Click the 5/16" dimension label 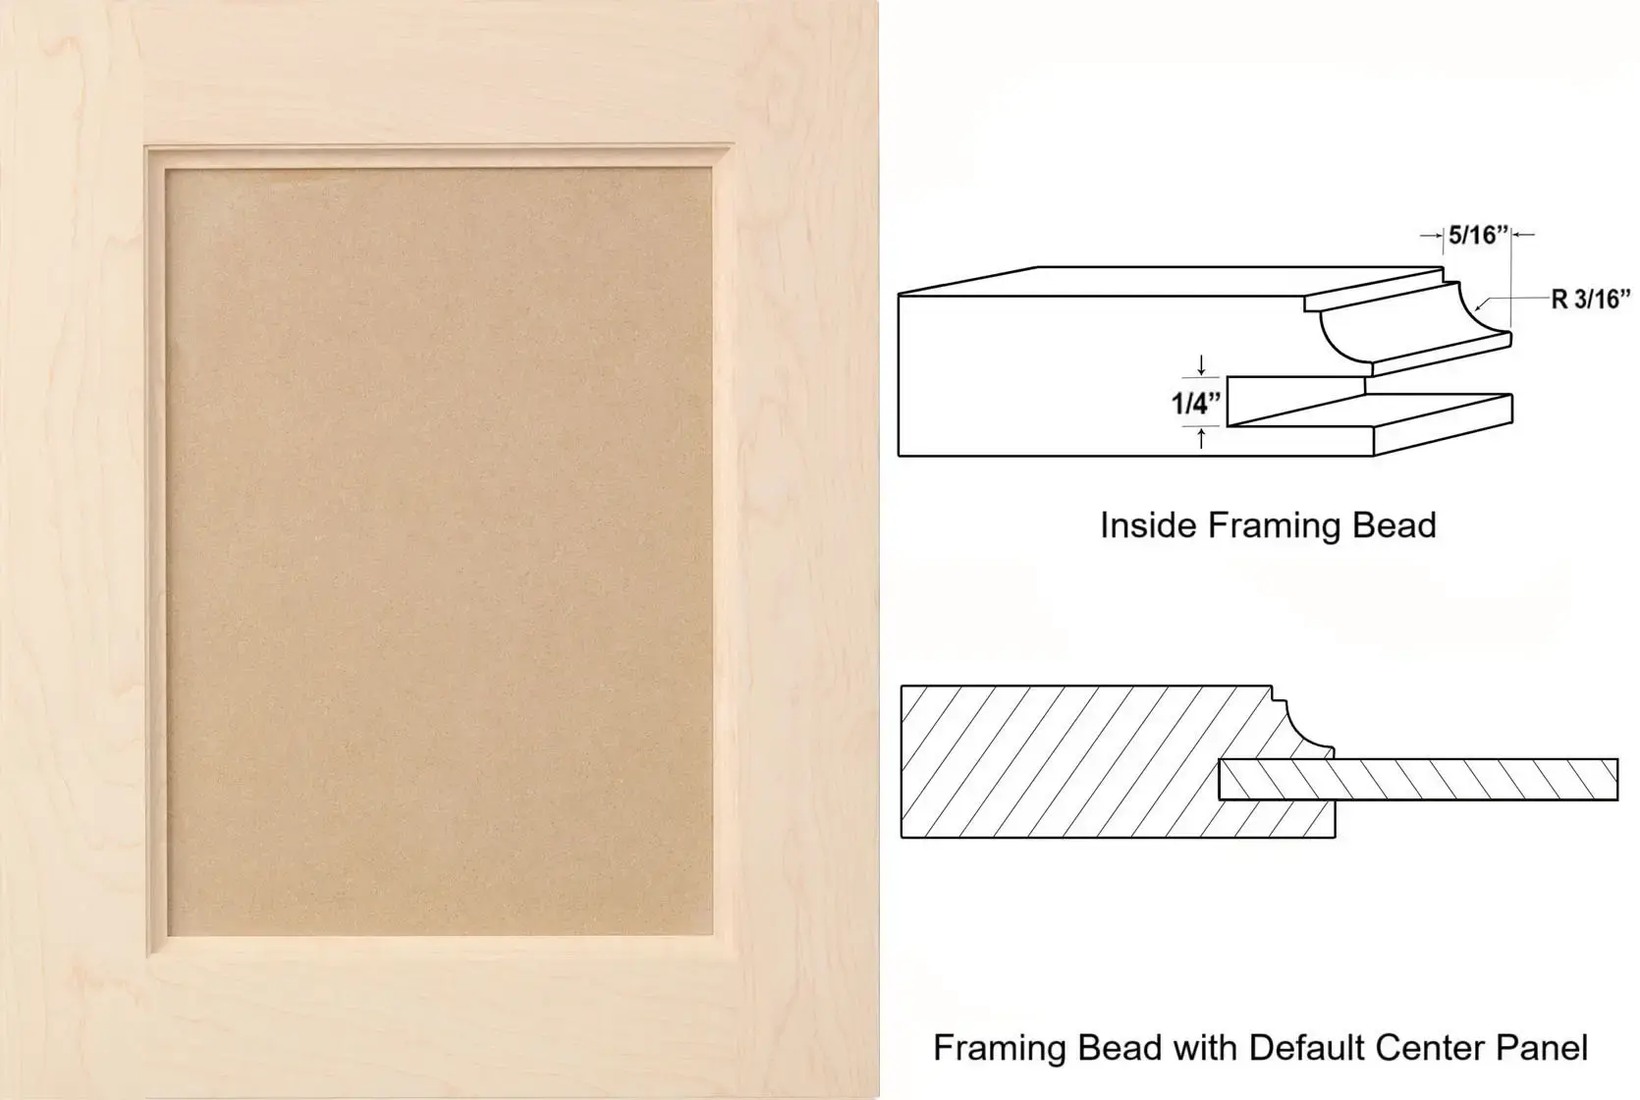click(1479, 235)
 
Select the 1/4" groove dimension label click(1196, 404)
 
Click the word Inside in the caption click(1149, 525)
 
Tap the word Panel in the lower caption click(1544, 1048)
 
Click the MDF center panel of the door click(439, 551)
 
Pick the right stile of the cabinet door click(805, 549)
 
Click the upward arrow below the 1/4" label click(1201, 439)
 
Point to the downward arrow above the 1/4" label click(1201, 365)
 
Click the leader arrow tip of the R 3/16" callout click(1476, 309)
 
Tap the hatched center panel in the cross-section click(1418, 779)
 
